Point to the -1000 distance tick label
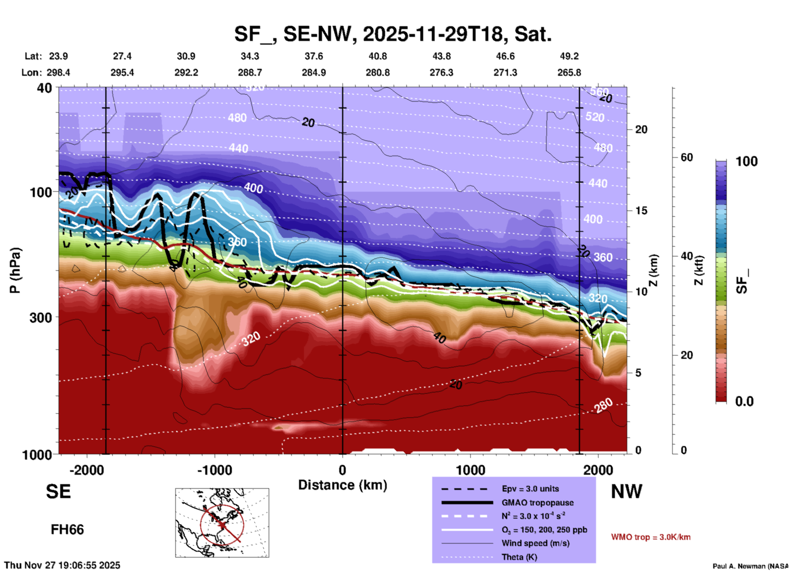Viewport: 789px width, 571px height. [215, 470]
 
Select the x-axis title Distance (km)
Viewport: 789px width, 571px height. [342, 485]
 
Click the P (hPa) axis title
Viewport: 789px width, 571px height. [15, 270]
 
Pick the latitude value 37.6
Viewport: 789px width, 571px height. [314, 56]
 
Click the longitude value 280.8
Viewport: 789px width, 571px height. [377, 73]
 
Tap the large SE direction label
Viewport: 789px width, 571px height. [58, 492]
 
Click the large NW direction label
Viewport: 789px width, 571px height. [626, 492]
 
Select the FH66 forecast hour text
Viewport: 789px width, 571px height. [67, 530]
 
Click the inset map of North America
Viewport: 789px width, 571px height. [222, 522]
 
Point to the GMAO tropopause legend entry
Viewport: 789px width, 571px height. [537, 503]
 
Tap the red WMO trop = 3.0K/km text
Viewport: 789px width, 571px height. [651, 537]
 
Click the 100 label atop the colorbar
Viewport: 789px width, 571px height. [746, 161]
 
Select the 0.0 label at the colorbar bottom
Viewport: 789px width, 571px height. [744, 401]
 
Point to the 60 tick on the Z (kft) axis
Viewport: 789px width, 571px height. [687, 157]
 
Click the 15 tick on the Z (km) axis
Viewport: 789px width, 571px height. [641, 211]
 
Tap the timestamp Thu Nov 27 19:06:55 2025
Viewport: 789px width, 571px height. [62, 565]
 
